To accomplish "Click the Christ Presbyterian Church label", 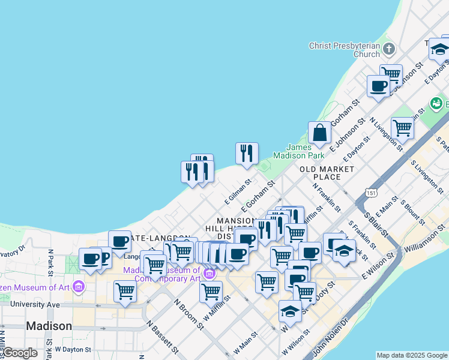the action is click(x=344, y=50).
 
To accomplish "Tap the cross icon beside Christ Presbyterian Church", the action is click(x=388, y=49).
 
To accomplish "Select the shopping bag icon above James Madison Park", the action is click(x=320, y=133).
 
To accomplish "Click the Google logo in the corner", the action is click(x=20, y=353).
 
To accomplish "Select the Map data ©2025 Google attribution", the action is click(x=411, y=355).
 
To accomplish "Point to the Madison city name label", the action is click(x=49, y=326).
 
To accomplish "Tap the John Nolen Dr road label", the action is click(x=336, y=336).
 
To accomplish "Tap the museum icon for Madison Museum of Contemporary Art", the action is click(x=209, y=274).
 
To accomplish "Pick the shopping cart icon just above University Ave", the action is click(x=125, y=291).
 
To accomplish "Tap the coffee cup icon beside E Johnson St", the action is click(x=379, y=86).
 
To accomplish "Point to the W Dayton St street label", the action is click(x=73, y=349).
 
